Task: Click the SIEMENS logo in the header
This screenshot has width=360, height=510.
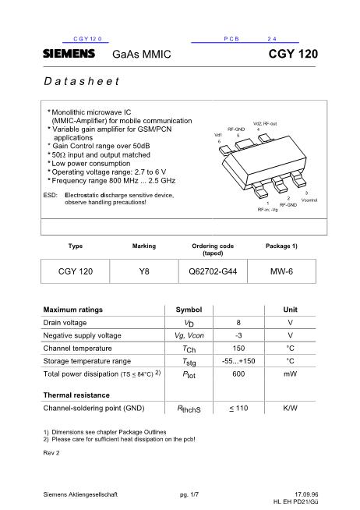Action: [69, 54]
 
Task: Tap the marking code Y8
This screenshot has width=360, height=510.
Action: [143, 271]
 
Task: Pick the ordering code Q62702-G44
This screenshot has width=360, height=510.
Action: [213, 271]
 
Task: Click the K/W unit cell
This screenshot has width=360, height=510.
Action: [290, 408]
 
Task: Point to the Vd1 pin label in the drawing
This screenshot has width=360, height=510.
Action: [219, 135]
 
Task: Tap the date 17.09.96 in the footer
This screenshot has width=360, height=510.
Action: [307, 494]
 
